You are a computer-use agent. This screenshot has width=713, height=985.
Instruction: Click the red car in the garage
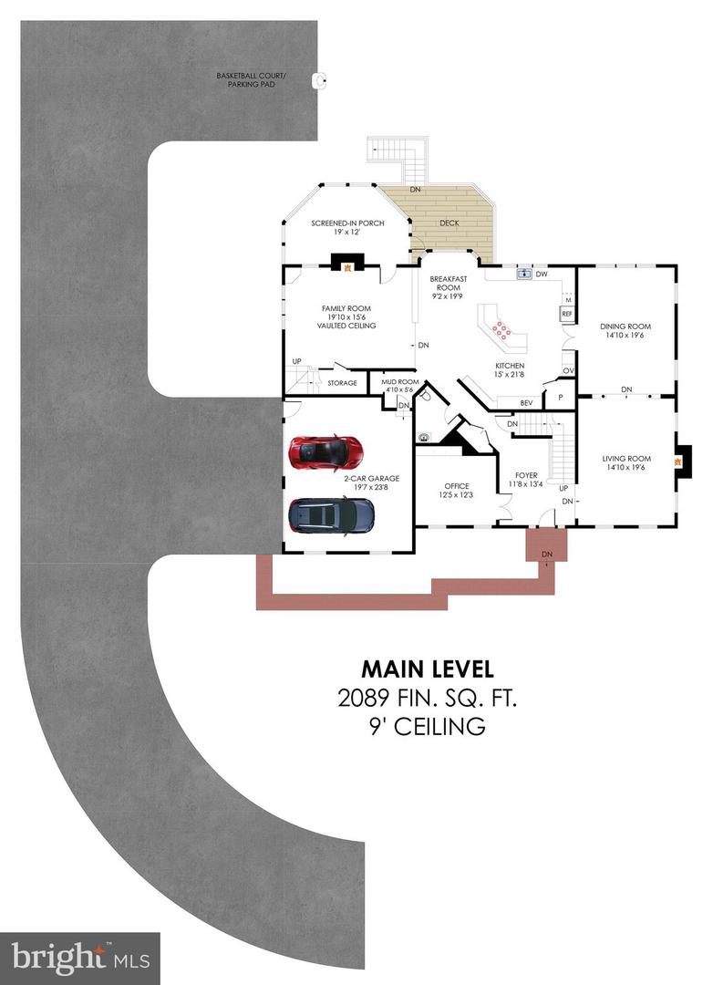coord(325,451)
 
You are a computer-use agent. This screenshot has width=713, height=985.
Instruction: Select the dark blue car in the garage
coord(331,516)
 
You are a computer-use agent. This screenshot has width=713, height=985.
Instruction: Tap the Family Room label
coord(346,316)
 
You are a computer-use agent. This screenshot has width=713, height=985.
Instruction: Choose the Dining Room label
coord(625,331)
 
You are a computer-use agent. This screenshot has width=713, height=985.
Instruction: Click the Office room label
coord(456,490)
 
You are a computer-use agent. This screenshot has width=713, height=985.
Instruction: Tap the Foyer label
coord(526,480)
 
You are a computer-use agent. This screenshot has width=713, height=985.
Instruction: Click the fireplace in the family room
coord(346,265)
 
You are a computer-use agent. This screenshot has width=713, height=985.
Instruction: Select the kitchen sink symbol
coord(523,273)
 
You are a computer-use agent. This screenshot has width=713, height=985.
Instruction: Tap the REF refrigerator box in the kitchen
coord(566,314)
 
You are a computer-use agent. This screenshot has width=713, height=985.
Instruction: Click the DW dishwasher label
coord(542,274)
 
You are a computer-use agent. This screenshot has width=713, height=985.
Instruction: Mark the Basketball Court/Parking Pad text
coord(251,80)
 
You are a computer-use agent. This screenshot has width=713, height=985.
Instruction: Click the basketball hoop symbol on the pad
coord(318,80)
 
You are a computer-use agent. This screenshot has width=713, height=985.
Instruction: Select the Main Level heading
coord(427,669)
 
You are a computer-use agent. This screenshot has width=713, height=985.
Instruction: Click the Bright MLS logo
coord(79,958)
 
